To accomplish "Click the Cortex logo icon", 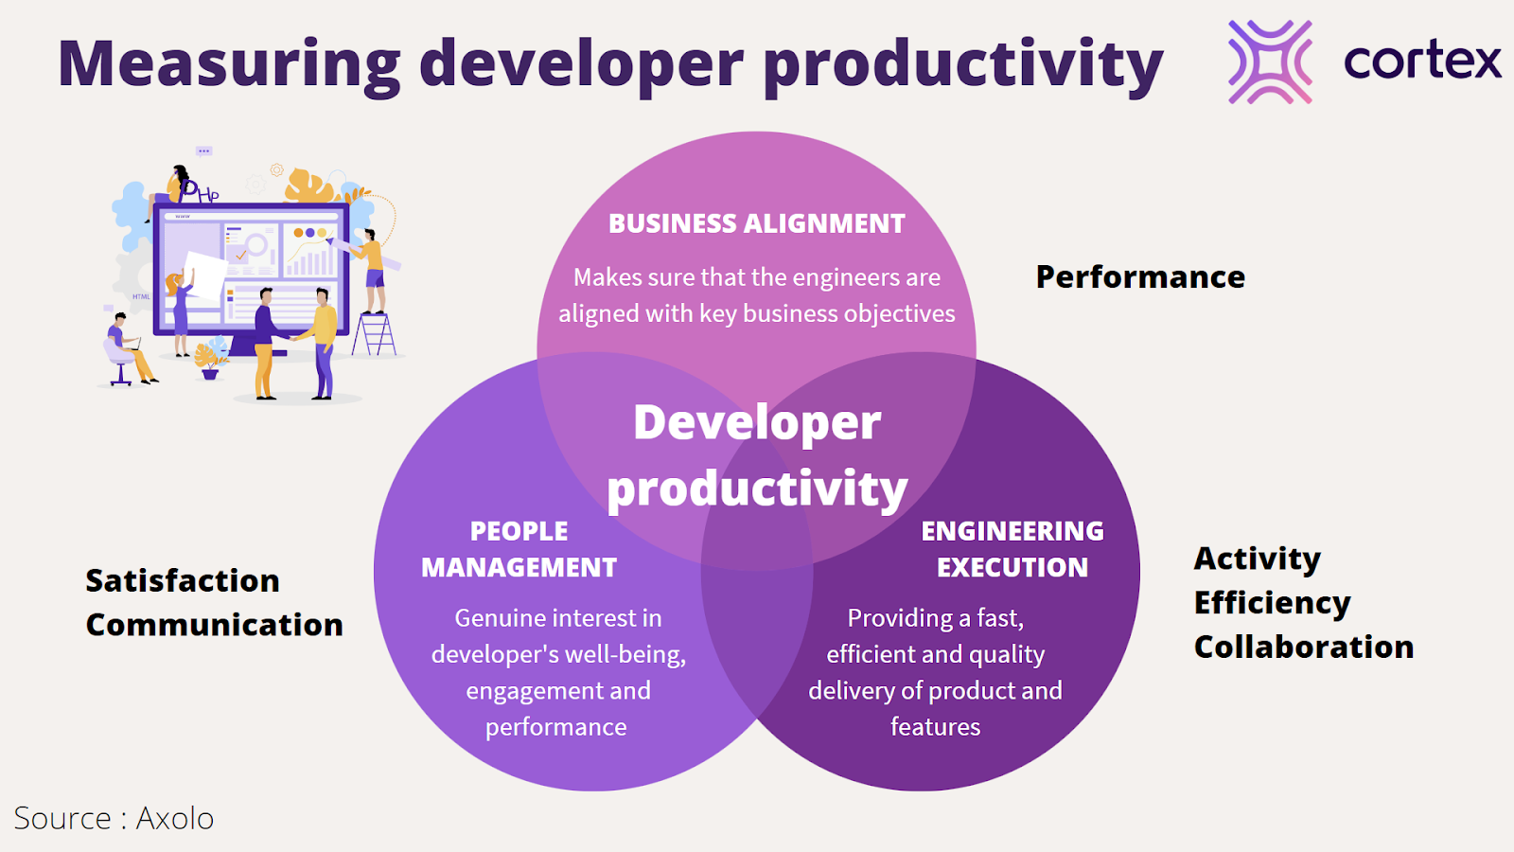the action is pyautogui.click(x=1270, y=62).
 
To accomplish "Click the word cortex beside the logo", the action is pyautogui.click(x=1422, y=62).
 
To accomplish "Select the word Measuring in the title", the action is pyautogui.click(x=230, y=65).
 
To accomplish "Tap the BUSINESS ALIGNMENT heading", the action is pyautogui.click(x=756, y=223).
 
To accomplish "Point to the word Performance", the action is pyautogui.click(x=1140, y=276).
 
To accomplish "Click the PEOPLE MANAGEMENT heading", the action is pyautogui.click(x=519, y=549).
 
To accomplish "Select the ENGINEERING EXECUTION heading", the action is pyautogui.click(x=1012, y=549).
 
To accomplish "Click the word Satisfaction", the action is pyautogui.click(x=183, y=580).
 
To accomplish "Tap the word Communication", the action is pyautogui.click(x=214, y=624).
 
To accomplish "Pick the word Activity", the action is pyautogui.click(x=1258, y=559).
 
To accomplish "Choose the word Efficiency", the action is pyautogui.click(x=1272, y=603).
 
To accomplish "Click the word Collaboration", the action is pyautogui.click(x=1304, y=647).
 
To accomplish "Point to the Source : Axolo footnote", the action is pyautogui.click(x=114, y=818).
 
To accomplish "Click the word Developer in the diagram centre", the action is pyautogui.click(x=757, y=422).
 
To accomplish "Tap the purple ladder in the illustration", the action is pyautogui.click(x=374, y=334).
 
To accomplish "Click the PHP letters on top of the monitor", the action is pyautogui.click(x=200, y=191).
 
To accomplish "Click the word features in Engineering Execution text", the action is pyautogui.click(x=936, y=726).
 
